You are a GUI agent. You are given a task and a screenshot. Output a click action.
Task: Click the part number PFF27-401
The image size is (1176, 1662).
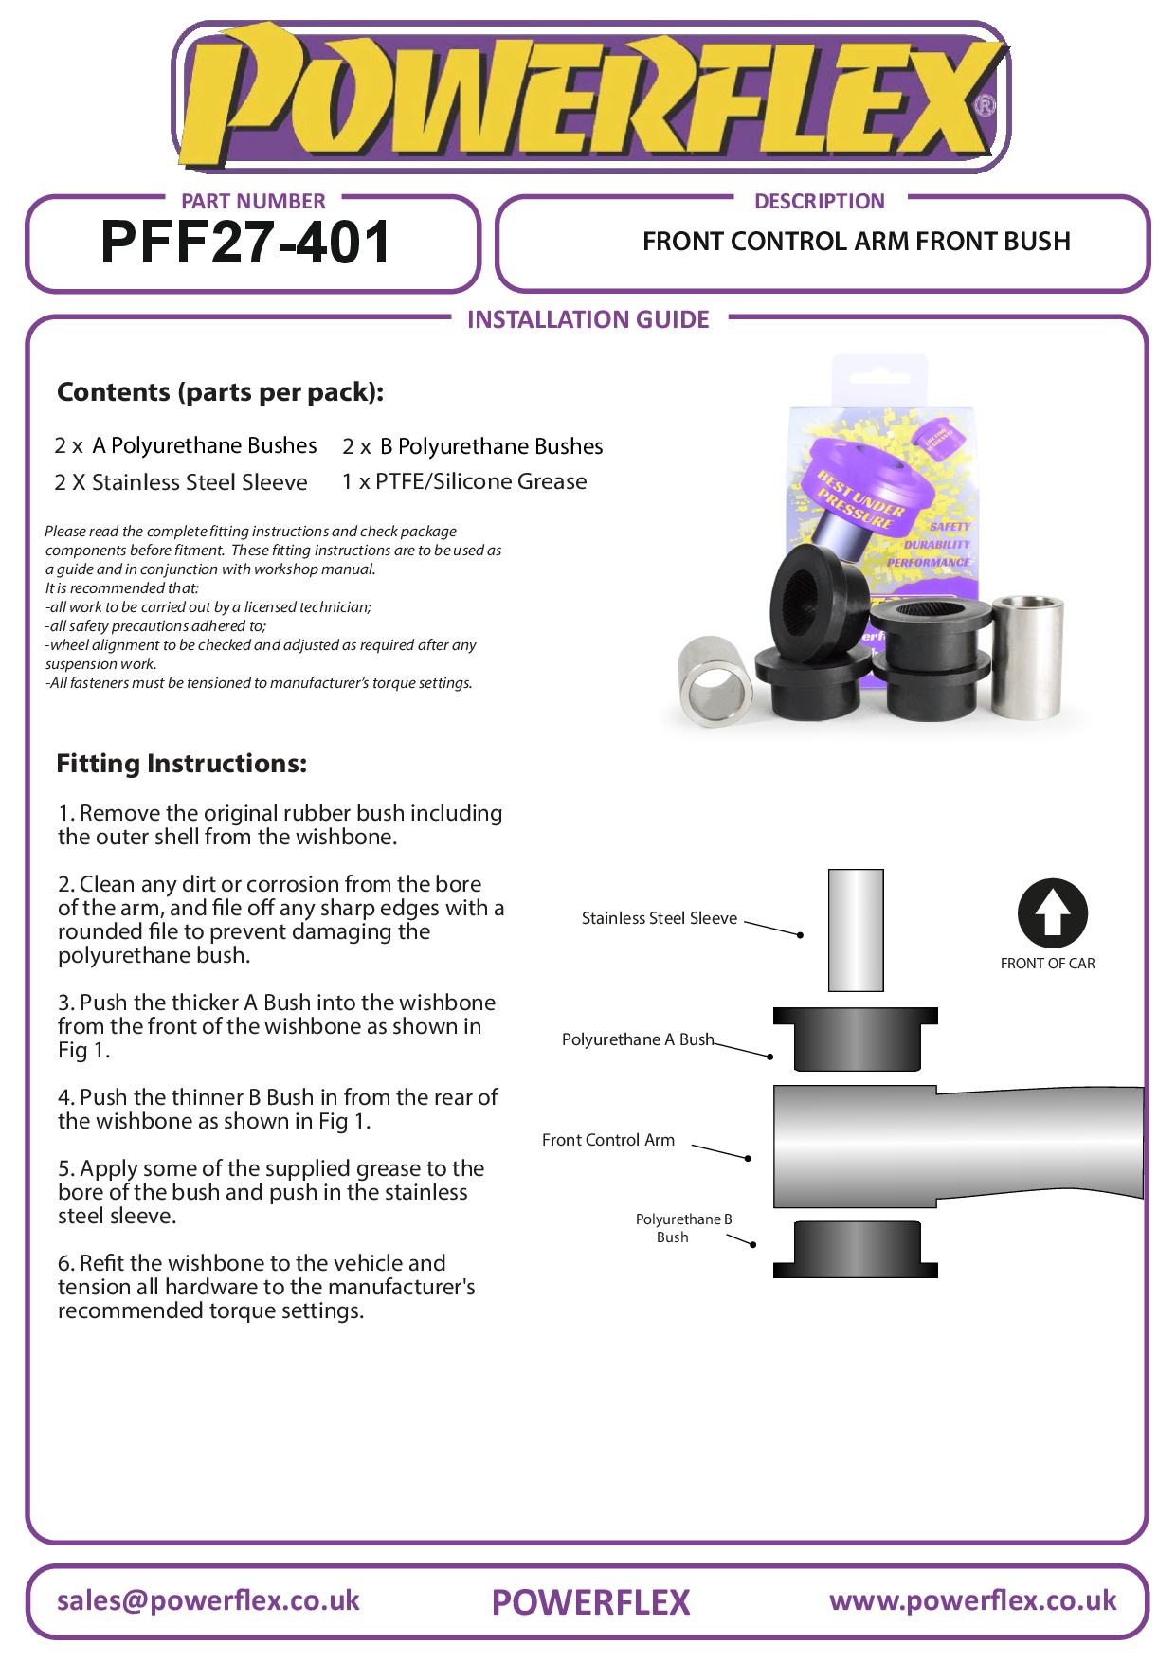245,243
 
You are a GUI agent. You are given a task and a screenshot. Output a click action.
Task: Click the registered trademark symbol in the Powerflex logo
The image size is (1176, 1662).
985,105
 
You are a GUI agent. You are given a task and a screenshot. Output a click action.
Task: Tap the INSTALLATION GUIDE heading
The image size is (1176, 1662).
588,319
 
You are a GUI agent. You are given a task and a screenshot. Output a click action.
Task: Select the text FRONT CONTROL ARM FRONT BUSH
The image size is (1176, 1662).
856,242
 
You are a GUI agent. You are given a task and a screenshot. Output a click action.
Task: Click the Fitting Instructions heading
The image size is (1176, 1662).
181,764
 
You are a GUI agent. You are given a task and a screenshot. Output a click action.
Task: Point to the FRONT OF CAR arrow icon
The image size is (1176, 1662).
1052,913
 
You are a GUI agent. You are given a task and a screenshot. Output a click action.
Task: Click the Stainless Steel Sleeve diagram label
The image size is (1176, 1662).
659,918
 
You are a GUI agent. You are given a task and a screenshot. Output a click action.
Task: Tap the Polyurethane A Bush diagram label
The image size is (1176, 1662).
637,1039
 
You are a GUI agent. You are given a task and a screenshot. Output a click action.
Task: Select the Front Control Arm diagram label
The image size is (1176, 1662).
607,1140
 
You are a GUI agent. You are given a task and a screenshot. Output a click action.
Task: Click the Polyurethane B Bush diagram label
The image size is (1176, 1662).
682,1228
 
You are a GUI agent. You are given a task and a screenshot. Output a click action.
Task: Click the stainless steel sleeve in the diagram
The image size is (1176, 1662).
856,930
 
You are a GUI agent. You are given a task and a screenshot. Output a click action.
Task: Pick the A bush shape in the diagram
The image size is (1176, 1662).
856,1039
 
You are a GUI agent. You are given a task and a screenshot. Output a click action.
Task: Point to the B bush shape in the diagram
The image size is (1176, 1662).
856,1249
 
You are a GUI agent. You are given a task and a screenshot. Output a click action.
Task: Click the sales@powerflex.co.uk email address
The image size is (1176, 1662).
208,1600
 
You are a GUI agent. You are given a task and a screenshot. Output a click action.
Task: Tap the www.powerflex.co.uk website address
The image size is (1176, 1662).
972,1600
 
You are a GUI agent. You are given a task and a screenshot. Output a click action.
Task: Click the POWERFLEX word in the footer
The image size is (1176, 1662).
590,1602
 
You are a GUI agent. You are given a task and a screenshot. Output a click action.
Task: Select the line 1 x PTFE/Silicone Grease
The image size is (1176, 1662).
464,481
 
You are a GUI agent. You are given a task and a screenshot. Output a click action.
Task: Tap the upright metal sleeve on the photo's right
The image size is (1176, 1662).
1026,657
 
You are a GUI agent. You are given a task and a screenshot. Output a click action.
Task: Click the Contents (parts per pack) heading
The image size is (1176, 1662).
220,392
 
